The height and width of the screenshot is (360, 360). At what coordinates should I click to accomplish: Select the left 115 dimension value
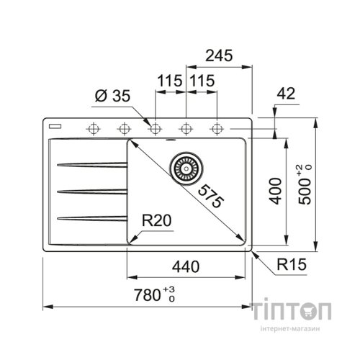(170, 82)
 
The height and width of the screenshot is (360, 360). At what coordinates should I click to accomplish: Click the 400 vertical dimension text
(274, 191)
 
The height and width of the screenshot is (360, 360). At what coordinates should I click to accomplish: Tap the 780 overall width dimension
(148, 294)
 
